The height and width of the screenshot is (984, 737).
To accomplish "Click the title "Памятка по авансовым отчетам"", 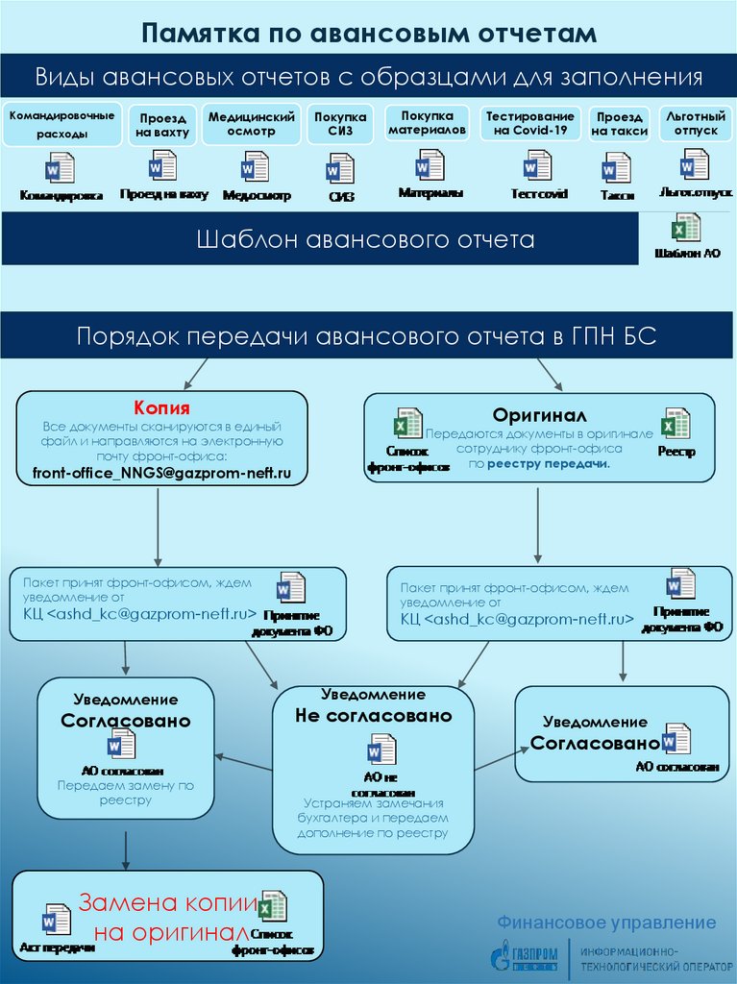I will pos(369,34).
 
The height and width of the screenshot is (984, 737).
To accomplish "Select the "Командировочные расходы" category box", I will pos(61,124).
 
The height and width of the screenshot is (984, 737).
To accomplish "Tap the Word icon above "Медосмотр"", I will pos(255,167).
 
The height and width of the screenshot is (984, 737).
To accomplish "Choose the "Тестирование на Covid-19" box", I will pos(530,123).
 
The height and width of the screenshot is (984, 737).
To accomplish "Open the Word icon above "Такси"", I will pos(615,168).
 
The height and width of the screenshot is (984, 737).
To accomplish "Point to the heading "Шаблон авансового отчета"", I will pos(365,238).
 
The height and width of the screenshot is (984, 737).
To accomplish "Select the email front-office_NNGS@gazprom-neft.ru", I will pos(155,472).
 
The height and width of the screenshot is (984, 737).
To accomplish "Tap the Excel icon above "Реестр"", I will pos(676,425).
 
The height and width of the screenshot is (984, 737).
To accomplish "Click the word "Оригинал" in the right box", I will pos(539,414).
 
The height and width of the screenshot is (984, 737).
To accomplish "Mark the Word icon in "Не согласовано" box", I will pos(381,750).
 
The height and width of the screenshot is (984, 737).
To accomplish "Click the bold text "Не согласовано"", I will pos(373,716).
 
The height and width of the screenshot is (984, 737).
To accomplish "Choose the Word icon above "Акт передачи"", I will pos(57,919).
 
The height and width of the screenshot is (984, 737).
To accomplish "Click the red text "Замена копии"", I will pos(168,903).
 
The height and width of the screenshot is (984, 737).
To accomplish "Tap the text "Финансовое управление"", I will pos(606,922).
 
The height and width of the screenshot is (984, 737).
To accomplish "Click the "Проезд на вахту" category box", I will pos(163,125).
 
